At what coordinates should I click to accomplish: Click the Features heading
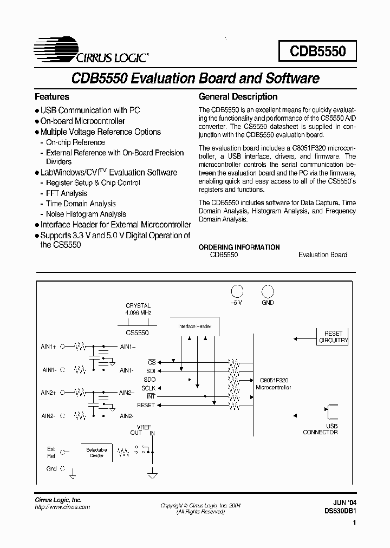point(52,97)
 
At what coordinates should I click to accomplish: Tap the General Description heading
point(238,97)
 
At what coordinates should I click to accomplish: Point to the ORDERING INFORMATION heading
point(239,247)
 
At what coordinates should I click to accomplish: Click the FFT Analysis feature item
point(66,193)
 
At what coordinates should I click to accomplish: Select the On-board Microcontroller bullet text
point(82,121)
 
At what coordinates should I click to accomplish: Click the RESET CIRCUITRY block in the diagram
point(333,337)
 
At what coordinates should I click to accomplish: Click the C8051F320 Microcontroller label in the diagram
point(273,384)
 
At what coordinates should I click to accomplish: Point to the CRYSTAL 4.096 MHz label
point(138,309)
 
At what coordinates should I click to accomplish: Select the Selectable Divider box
point(96,453)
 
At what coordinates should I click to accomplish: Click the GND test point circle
point(268,291)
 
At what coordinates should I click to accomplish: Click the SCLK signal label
point(148,388)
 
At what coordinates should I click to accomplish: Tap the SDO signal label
point(149,380)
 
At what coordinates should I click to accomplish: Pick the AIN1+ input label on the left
point(48,346)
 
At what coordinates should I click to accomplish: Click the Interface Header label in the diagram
point(194,327)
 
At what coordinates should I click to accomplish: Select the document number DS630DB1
point(340,510)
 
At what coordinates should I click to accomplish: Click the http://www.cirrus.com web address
point(62,507)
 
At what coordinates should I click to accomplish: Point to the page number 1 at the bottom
point(354,523)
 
